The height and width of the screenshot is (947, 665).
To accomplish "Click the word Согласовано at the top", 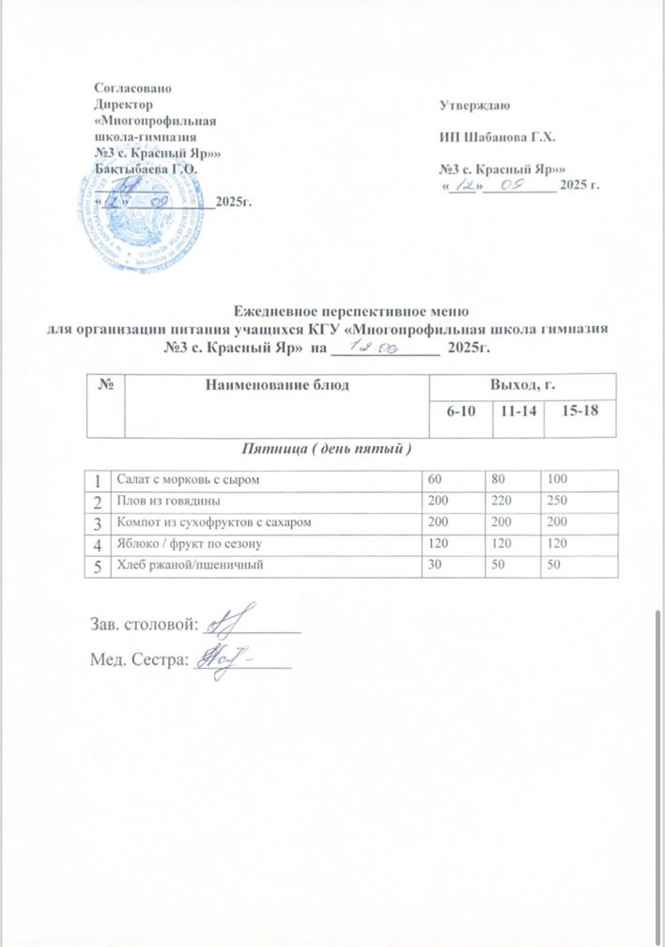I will pyautogui.click(x=132, y=87).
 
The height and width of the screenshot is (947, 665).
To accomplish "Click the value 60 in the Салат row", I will pyautogui.click(x=435, y=480).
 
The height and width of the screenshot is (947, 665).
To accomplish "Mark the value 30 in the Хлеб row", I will pyautogui.click(x=435, y=563).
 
